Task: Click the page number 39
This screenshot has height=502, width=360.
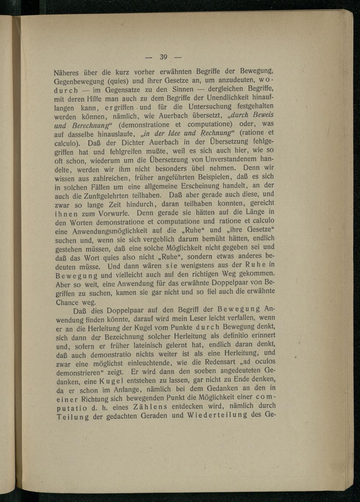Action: (163, 57)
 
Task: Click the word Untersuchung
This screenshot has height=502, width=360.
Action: (210, 107)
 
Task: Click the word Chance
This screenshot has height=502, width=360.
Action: (67, 302)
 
